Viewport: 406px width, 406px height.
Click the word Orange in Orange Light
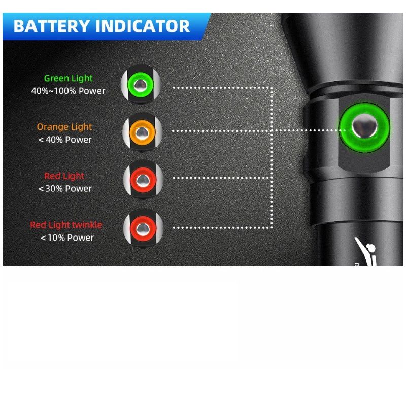51,127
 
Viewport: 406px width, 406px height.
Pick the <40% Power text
65,140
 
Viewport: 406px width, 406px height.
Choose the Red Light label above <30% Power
64,176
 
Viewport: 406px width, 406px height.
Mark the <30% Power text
65,188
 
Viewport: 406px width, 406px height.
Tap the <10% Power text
67,237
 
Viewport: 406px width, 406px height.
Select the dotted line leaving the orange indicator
223,131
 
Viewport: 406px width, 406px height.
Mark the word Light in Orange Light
81,127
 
